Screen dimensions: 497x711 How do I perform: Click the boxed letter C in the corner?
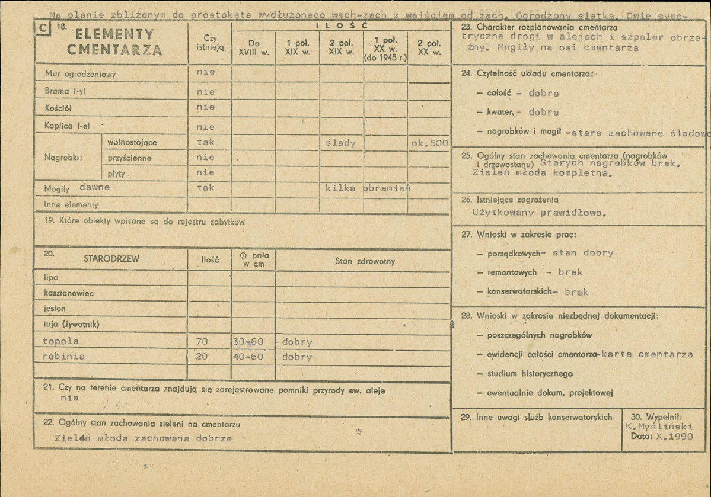pyautogui.click(x=43, y=28)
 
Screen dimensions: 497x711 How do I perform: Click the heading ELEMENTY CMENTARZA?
pyautogui.click(x=114, y=42)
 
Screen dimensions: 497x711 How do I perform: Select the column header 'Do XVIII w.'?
pyautogui.click(x=253, y=47)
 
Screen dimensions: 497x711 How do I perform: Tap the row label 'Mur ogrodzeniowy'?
pyautogui.click(x=81, y=75)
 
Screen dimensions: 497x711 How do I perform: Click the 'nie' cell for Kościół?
pyautogui.click(x=206, y=107)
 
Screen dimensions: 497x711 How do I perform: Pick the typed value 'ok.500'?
pyautogui.click(x=429, y=143)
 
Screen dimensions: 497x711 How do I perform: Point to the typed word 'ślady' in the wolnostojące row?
pyautogui.click(x=341, y=143)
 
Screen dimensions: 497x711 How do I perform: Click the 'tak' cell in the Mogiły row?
pyautogui.click(x=206, y=187)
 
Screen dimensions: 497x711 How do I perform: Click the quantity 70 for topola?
pyautogui.click(x=202, y=342)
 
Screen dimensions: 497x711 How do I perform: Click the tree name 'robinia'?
pyautogui.click(x=63, y=357)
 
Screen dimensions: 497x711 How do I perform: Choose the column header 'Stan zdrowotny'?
pyautogui.click(x=365, y=261)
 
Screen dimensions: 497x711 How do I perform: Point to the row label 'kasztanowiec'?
pyautogui.click(x=69, y=293)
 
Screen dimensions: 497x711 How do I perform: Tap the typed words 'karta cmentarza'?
pyautogui.click(x=647, y=355)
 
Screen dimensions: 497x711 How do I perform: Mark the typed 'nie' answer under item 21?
pyautogui.click(x=69, y=398)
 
